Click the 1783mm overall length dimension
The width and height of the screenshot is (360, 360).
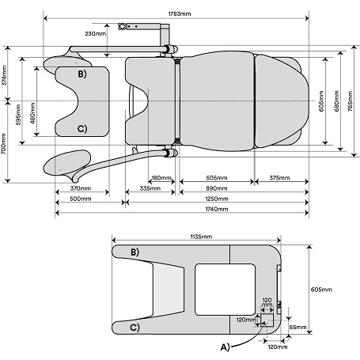click(x=180, y=13)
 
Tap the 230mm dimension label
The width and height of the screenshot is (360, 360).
click(x=96, y=34)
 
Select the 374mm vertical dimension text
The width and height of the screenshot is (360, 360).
click(x=4, y=76)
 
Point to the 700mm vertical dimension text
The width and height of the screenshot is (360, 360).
click(x=4, y=144)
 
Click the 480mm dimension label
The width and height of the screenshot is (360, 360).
click(x=32, y=112)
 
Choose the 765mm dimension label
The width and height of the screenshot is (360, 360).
click(x=350, y=101)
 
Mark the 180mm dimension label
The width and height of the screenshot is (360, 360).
click(x=161, y=178)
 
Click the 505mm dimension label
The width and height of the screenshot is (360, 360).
click(x=217, y=178)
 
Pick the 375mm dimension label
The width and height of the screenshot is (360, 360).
click(x=279, y=178)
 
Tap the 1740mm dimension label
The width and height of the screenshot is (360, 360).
click(x=217, y=209)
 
